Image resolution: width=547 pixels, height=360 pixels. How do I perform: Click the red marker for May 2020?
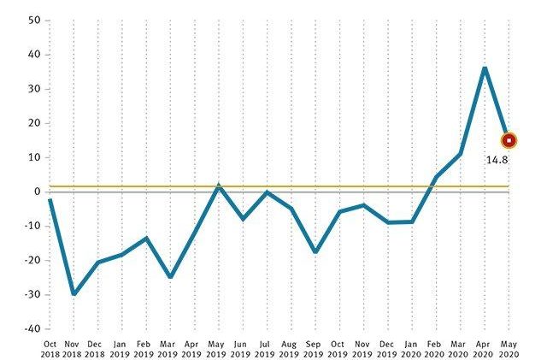[509, 140]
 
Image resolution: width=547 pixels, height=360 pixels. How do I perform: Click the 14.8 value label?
[498, 159]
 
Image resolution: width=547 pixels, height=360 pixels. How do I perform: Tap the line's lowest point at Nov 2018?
[74, 293]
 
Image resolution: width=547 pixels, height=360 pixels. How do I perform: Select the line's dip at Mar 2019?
[170, 276]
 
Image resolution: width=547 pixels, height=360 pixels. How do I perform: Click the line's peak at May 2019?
[219, 186]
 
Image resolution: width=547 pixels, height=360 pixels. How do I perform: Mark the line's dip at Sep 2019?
[315, 251]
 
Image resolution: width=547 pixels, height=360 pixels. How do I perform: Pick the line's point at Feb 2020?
[436, 178]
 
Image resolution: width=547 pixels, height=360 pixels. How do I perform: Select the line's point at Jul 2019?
[267, 192]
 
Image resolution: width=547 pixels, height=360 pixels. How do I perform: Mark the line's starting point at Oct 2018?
[50, 199]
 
